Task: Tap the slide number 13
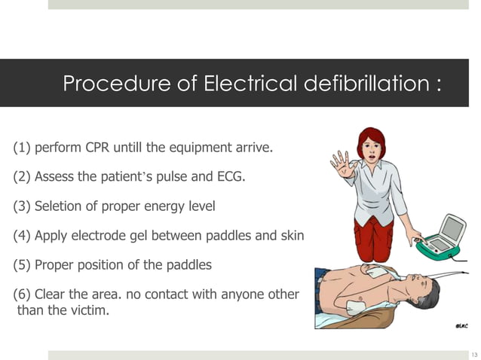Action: pos(473,355)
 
